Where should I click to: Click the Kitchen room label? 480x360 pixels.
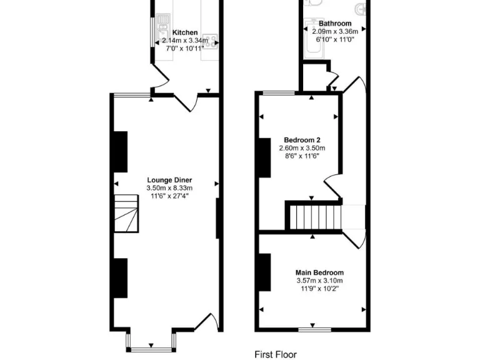click(x=185, y=32)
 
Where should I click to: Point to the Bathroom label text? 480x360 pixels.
click(x=334, y=23)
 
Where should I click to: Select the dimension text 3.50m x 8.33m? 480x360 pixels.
click(x=169, y=187)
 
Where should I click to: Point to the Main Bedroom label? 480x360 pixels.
click(x=319, y=272)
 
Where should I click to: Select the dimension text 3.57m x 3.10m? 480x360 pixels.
click(x=319, y=281)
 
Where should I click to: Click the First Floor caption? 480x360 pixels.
click(x=276, y=354)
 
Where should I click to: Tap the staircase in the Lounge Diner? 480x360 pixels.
click(x=127, y=212)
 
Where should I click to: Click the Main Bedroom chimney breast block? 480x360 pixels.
click(x=264, y=272)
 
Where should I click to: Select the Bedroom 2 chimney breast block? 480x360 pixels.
click(x=264, y=157)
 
